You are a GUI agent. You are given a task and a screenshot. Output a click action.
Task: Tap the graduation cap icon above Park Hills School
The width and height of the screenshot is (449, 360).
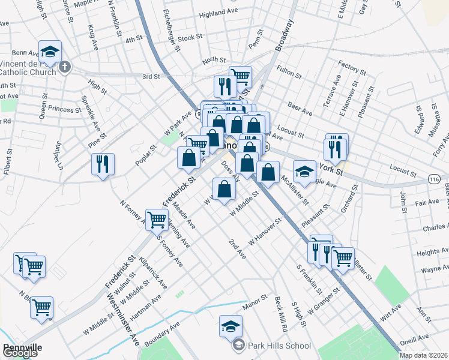coord(231,326)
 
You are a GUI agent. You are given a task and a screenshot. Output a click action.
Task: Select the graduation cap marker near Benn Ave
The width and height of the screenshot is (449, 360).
coord(50,51)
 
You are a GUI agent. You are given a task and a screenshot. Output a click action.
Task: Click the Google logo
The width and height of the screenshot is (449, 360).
coord(20,353)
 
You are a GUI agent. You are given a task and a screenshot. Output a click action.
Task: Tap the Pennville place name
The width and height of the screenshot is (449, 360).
coord(22,347)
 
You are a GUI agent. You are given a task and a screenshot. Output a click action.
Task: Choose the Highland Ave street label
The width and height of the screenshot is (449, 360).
coord(219,13)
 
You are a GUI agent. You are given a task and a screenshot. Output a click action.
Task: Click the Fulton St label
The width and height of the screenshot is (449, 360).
coord(289,71)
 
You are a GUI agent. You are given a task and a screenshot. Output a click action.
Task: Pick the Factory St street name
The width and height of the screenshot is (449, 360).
coord(352,67)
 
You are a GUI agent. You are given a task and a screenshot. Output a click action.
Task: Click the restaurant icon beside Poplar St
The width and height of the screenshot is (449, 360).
coord(103,163)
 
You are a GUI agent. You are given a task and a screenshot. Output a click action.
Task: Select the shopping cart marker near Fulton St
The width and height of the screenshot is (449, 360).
coord(240,76)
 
